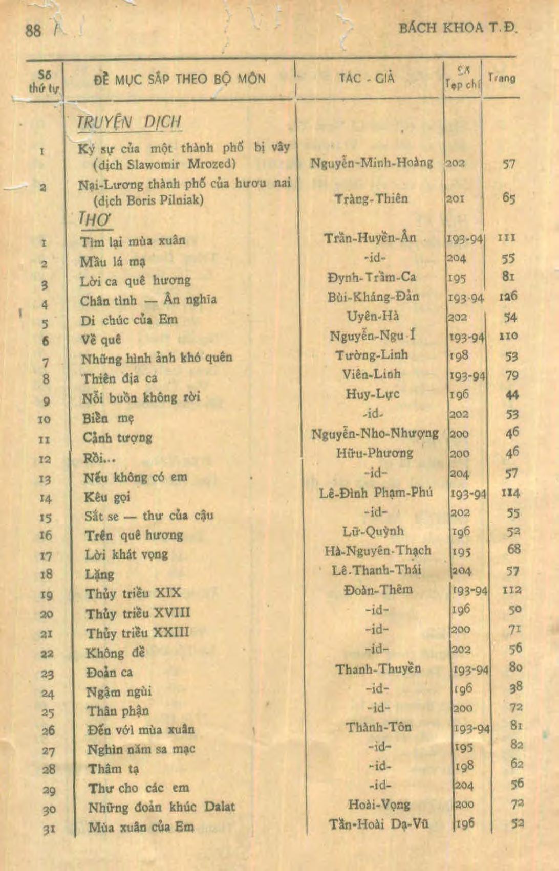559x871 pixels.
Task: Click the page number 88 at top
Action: pos(33,30)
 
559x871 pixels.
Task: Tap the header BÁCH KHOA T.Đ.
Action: pos(458,28)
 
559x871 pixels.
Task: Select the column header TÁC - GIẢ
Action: pos(367,78)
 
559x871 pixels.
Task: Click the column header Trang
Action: pos(501,78)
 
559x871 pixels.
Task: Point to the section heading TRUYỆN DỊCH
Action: pos(129,122)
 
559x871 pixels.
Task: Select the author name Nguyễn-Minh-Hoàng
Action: pos(371,163)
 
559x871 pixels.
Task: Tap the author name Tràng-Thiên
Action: pos(371,198)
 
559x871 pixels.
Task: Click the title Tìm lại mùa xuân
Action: pos(133,240)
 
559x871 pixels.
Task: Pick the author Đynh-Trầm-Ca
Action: pos(372,277)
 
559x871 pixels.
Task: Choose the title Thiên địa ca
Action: pos(120,378)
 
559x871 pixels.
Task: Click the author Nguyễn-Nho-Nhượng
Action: pos(375,434)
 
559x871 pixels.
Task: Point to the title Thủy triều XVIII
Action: pos(138,613)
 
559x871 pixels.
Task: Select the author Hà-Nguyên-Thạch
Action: pos(377,551)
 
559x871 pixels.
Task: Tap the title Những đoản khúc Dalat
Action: pos(161,807)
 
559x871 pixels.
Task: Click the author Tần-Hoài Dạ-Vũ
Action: pos(379,824)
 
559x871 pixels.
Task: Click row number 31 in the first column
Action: pos(49,829)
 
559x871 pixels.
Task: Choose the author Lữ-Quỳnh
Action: pos(373,531)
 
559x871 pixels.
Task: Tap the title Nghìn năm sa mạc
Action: pos(141,749)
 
